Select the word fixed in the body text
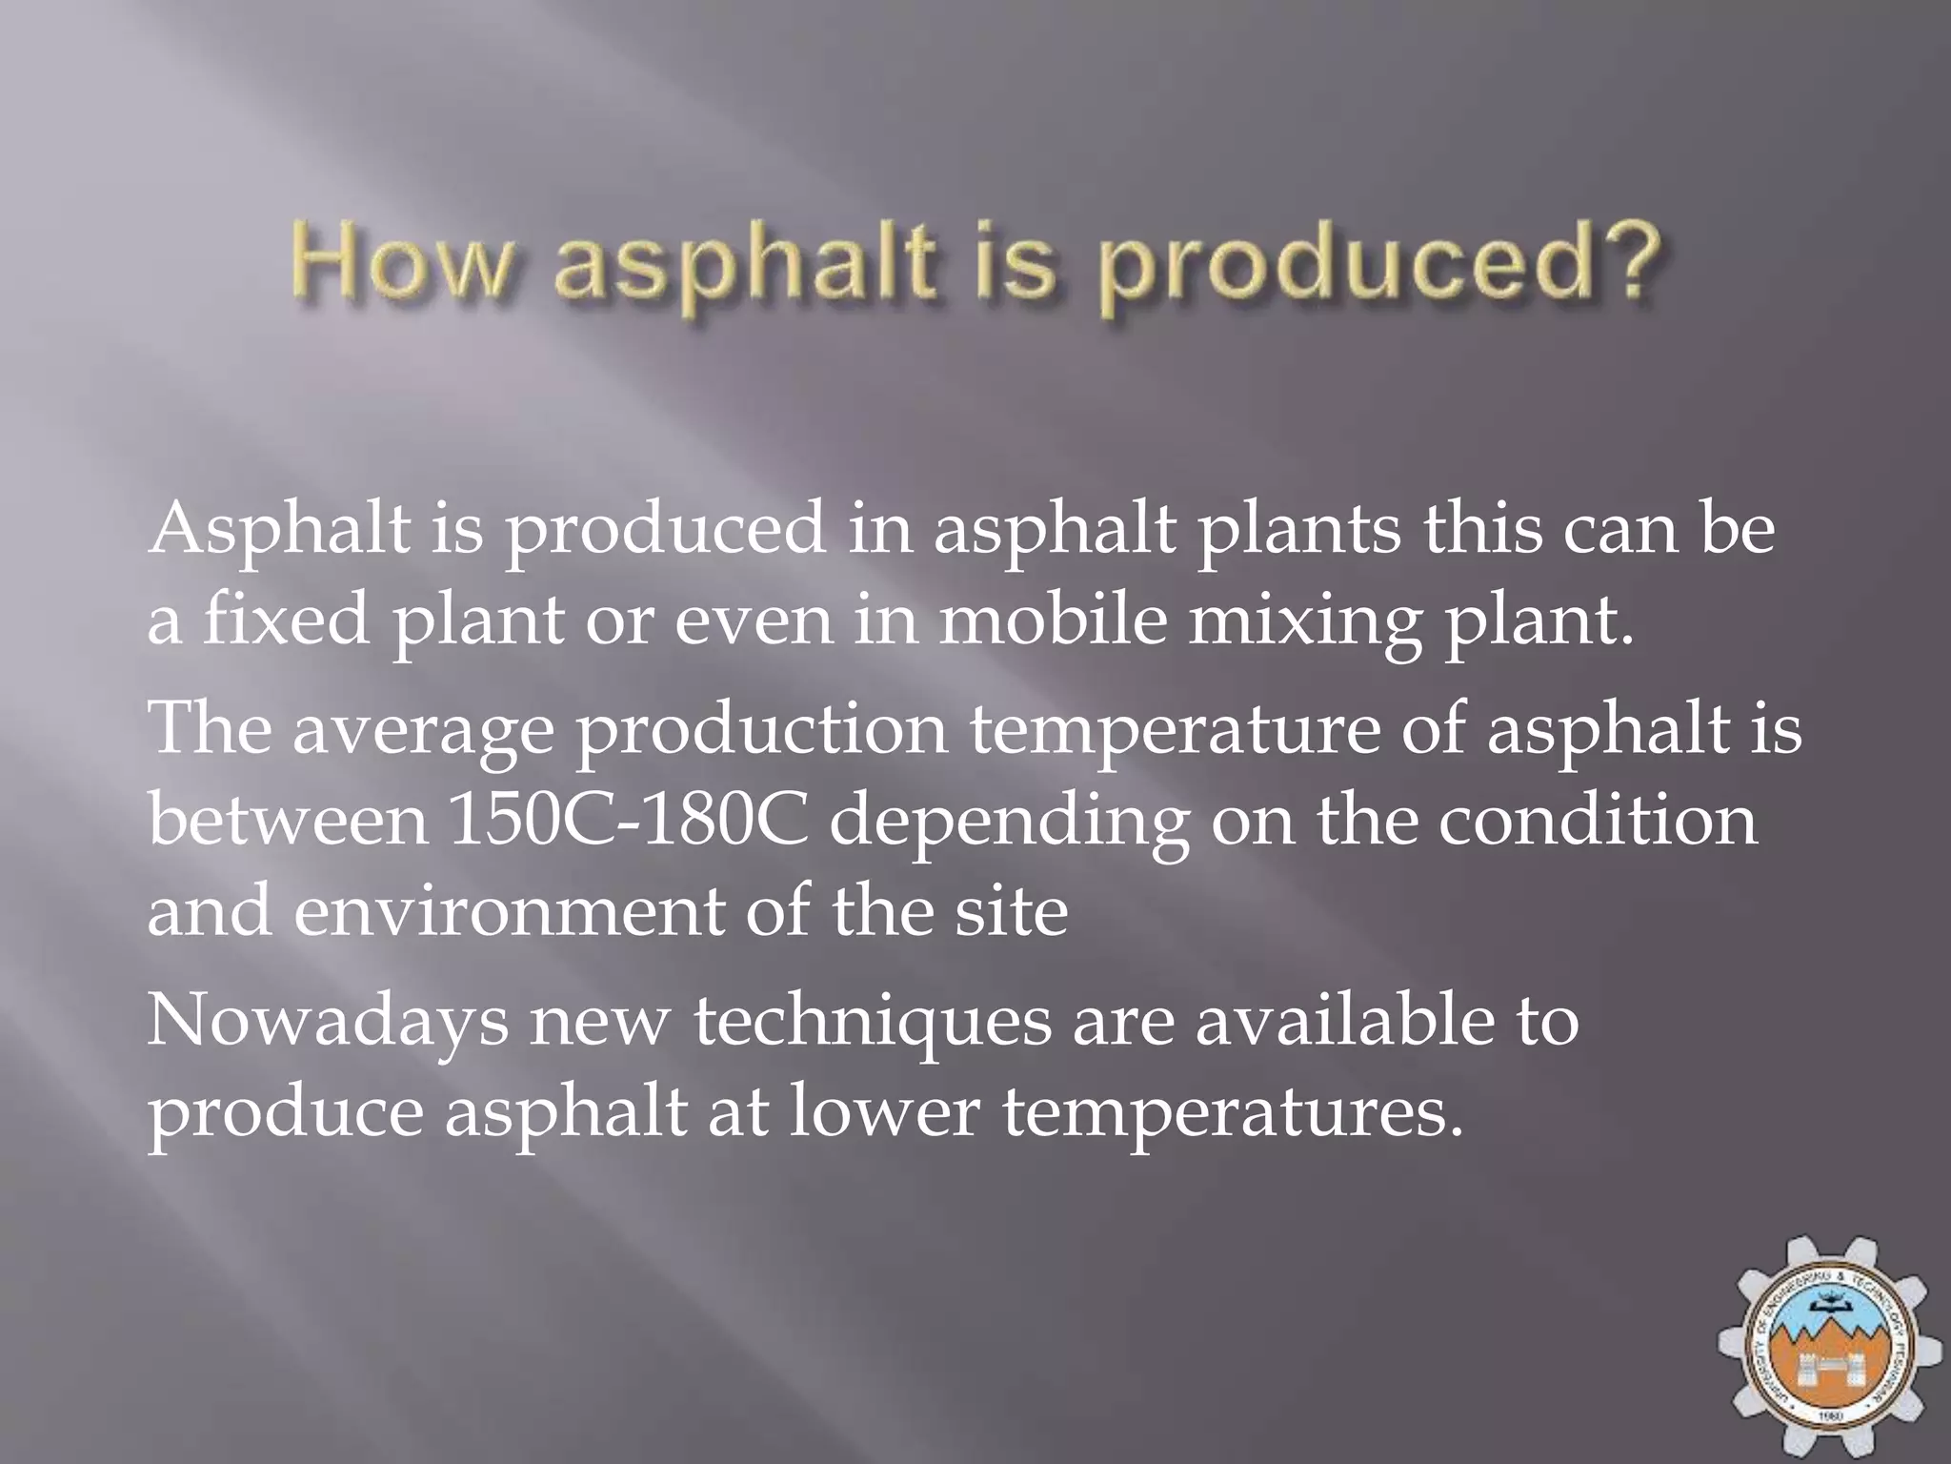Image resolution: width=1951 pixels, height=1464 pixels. point(286,620)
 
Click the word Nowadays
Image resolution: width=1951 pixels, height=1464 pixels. point(328,1023)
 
